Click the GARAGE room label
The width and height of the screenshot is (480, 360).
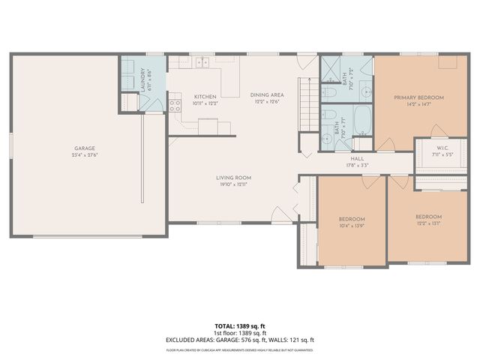(x=83, y=148)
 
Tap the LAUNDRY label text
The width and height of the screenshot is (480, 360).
(x=142, y=81)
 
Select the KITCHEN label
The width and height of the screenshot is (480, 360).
(x=205, y=97)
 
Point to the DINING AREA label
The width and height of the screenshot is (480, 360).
(x=267, y=95)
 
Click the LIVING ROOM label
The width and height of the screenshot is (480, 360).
(x=232, y=178)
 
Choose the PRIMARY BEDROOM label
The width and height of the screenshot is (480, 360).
(x=419, y=97)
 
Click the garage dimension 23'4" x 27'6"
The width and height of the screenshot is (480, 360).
(x=83, y=155)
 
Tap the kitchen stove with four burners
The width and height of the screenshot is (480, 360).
(x=175, y=106)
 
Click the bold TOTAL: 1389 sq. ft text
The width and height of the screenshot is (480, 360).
(x=240, y=326)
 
